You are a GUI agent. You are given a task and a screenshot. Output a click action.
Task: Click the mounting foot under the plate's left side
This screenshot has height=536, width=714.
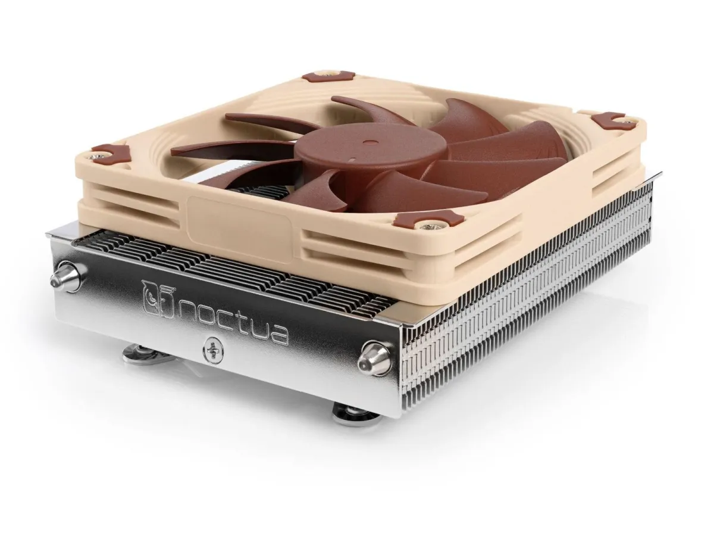click(x=137, y=355)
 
